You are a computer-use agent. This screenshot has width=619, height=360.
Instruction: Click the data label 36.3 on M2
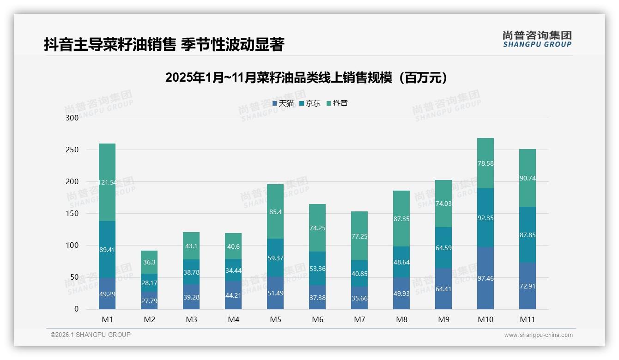149,262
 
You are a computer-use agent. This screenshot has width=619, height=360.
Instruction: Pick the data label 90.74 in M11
528,178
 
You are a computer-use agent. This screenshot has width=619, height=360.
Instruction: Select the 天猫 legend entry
283,103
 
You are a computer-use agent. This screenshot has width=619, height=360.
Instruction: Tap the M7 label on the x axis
359,319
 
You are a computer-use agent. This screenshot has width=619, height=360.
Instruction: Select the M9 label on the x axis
443,319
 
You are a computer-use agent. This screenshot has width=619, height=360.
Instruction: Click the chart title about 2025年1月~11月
307,78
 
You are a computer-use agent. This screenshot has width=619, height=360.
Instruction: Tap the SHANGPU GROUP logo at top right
537,39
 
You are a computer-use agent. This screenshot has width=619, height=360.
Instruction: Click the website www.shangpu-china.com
538,335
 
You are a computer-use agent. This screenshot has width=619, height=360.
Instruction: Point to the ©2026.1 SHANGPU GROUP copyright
91,335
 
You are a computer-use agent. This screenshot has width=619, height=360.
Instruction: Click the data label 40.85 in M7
359,273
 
